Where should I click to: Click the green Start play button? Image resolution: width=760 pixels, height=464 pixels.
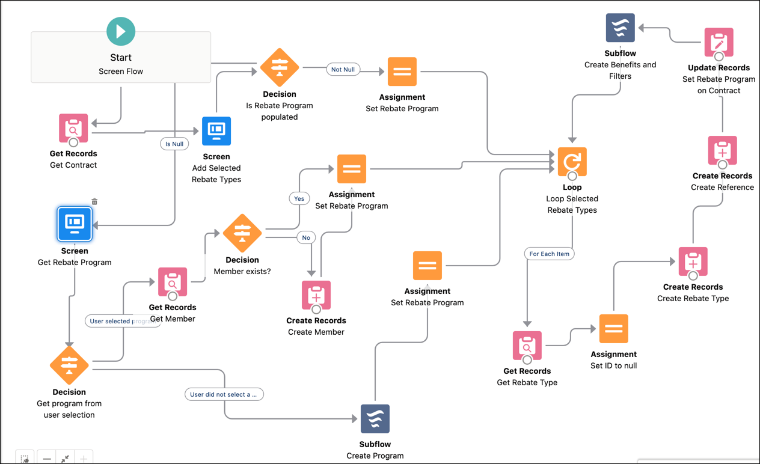(x=121, y=31)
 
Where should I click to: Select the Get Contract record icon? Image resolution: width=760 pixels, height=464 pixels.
(x=73, y=128)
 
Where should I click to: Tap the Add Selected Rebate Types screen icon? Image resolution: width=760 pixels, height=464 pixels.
(x=216, y=131)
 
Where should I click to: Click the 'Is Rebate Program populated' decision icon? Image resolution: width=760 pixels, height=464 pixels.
(x=280, y=68)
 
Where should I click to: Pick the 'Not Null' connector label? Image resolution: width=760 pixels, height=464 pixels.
(x=343, y=70)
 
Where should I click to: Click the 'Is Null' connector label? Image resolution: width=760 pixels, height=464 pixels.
(x=174, y=144)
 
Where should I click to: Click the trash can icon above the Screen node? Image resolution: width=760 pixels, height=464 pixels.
(x=94, y=201)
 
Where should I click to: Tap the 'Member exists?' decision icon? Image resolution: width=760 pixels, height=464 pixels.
(x=242, y=233)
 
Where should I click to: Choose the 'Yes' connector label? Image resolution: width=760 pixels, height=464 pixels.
(x=299, y=198)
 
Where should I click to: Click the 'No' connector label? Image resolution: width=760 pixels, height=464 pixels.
(x=306, y=238)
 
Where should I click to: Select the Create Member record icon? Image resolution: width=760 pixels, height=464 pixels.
(x=316, y=295)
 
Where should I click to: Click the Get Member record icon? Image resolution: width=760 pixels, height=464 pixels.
(x=173, y=282)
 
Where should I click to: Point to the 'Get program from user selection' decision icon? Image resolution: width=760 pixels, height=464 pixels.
(x=69, y=365)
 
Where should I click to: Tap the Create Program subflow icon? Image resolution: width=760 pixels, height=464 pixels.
(x=375, y=418)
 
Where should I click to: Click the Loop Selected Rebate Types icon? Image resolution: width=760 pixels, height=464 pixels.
(x=572, y=162)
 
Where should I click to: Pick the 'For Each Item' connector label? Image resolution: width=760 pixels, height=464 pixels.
(x=549, y=254)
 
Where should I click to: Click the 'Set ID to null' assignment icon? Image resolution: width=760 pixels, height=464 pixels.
(x=613, y=329)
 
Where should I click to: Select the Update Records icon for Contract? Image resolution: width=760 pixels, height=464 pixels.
(x=719, y=42)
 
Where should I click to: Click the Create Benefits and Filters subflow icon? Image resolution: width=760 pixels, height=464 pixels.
(x=620, y=28)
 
